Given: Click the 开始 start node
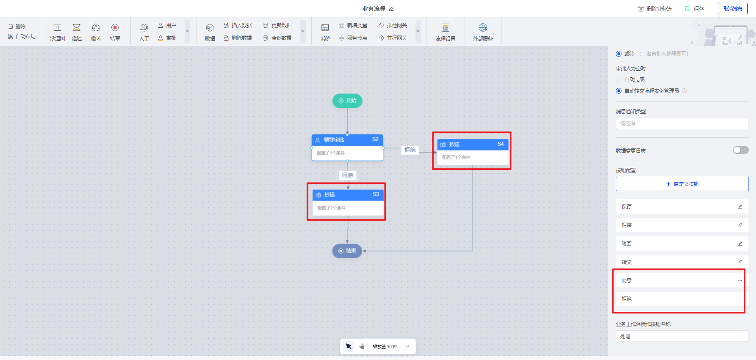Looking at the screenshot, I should [347, 101].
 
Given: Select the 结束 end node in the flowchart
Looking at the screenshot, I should [347, 251].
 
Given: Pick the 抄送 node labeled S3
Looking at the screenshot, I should [348, 195].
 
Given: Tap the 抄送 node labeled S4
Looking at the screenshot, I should [472, 144].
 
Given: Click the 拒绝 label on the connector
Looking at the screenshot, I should [410, 150].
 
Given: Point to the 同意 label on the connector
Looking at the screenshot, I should [348, 175].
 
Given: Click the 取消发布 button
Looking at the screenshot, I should [732, 9].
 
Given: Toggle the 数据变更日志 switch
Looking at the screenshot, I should [741, 150].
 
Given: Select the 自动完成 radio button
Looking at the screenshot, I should [619, 79].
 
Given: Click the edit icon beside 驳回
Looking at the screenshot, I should [740, 244].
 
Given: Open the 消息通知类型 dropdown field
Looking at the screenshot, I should [682, 123].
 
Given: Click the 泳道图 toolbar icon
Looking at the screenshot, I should [58, 28].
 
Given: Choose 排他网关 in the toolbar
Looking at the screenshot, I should [393, 25].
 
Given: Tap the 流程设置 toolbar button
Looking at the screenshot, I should [445, 28].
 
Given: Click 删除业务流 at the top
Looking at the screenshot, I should [655, 9].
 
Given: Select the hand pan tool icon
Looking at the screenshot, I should [362, 346].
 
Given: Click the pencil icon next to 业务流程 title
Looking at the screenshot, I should [391, 9].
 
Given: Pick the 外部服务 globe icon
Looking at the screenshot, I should [483, 28].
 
